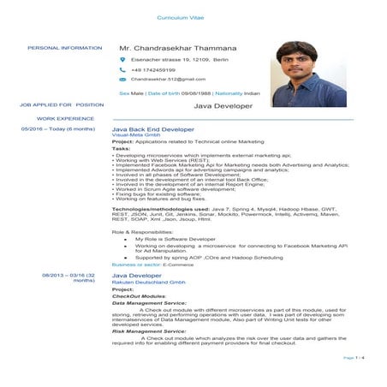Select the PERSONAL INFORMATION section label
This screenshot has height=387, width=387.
click(65, 48)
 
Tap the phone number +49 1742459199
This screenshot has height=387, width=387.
click(153, 69)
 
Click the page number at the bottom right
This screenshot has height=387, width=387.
click(354, 357)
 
